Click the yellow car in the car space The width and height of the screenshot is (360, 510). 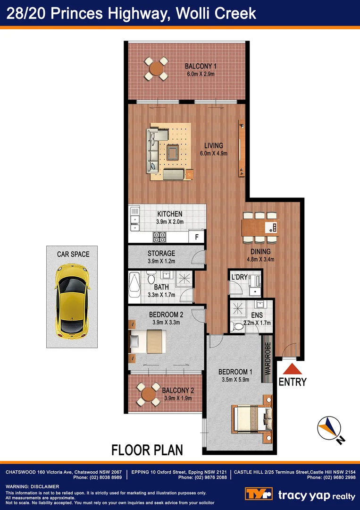tap(72, 298)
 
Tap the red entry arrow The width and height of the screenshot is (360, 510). tap(293, 369)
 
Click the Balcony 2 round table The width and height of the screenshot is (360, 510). tap(149, 394)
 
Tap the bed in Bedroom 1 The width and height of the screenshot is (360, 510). tap(252, 418)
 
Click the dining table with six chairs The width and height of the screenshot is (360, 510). tap(259, 226)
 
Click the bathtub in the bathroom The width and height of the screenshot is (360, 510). tap(134, 287)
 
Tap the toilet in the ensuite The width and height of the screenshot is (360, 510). tap(235, 325)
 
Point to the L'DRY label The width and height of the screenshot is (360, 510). tap(239, 277)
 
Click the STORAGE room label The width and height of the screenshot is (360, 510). tap(161, 254)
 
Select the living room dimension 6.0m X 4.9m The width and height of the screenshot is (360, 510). tap(213, 153)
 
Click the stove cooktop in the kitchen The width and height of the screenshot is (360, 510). tap(159, 236)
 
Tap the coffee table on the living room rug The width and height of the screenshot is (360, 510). tap(172, 152)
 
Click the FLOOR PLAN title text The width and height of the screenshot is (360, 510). tap(147, 450)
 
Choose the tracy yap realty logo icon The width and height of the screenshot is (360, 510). tap(258, 494)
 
